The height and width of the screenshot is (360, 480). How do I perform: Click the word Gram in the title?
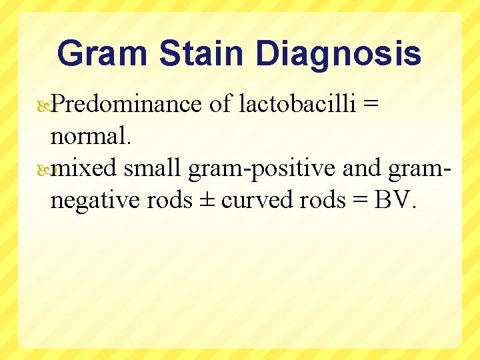point(100,54)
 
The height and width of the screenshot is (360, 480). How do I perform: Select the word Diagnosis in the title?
point(339,54)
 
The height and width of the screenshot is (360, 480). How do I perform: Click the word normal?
point(92,137)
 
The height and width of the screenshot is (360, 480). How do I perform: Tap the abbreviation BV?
point(395,199)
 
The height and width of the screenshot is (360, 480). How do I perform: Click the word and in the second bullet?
point(361,169)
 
